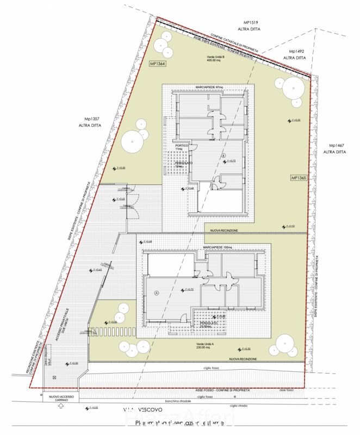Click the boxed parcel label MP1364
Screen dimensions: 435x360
(x=157, y=64)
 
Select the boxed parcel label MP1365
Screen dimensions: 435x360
(x=299, y=178)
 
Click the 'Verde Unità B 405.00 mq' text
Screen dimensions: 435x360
(x=213, y=59)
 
